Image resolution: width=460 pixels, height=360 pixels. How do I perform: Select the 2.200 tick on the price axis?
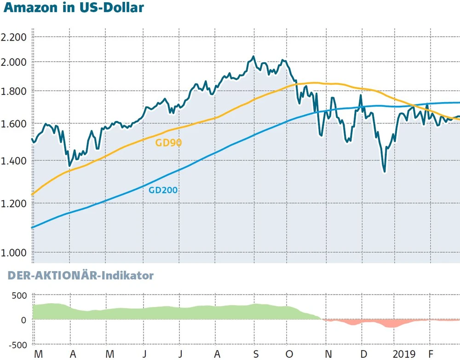coord(14,37)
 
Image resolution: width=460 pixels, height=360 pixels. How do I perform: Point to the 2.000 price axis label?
coord(14,62)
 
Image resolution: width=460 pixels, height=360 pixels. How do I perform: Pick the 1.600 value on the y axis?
coord(14,123)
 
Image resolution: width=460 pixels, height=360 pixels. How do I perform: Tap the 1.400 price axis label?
coord(14,161)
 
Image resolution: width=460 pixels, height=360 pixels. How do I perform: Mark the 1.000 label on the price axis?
coord(14,253)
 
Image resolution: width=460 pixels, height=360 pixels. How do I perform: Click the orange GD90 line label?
coord(168,143)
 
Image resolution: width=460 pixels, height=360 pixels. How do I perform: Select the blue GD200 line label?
coord(163,189)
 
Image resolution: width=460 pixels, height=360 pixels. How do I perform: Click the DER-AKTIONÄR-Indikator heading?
coord(80,276)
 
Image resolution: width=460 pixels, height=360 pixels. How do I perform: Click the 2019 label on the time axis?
coord(404,354)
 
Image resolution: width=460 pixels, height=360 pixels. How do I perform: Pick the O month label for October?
coord(289,354)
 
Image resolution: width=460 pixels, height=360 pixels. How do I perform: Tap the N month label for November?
coord(328,354)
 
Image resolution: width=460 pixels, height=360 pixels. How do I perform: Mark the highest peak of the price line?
coord(253,57)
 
